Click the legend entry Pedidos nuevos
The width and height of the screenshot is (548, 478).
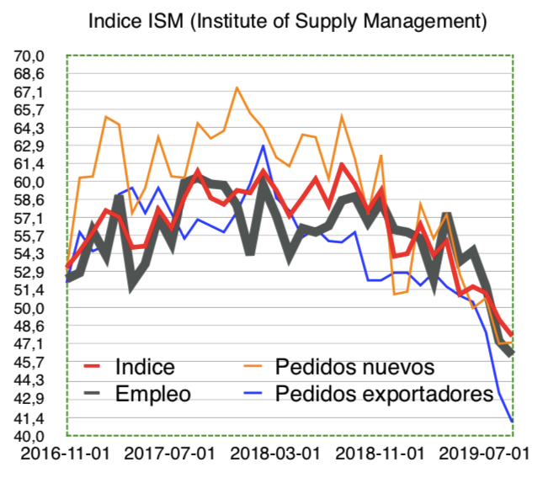click(354, 367)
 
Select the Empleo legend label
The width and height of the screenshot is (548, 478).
click(152, 394)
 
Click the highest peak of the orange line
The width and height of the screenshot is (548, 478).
click(237, 88)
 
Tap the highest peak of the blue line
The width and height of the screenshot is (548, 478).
click(263, 146)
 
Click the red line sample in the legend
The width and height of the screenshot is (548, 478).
click(95, 367)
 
